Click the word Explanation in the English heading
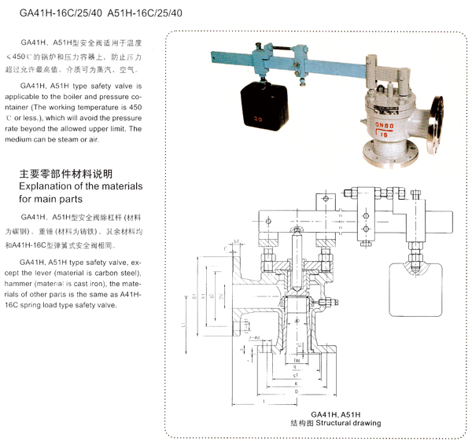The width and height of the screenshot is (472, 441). tap(47, 186)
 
